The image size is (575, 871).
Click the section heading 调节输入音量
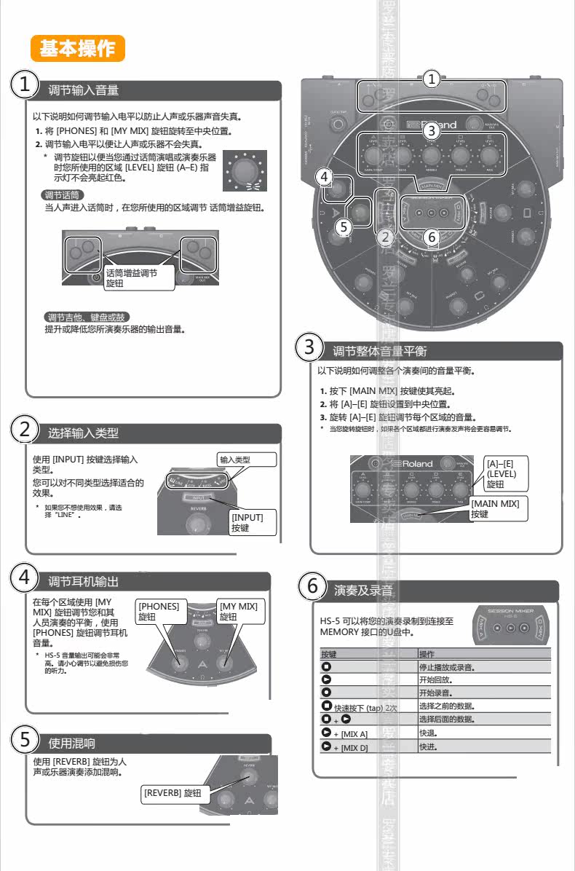(x=83, y=90)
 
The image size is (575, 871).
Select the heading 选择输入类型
(x=83, y=433)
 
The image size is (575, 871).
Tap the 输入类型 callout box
(x=247, y=460)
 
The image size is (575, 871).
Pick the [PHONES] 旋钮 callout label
(x=159, y=611)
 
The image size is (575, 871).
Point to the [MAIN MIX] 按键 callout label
(x=499, y=508)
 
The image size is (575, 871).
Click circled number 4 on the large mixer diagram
(x=325, y=176)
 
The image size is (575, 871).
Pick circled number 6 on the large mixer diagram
(x=430, y=237)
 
